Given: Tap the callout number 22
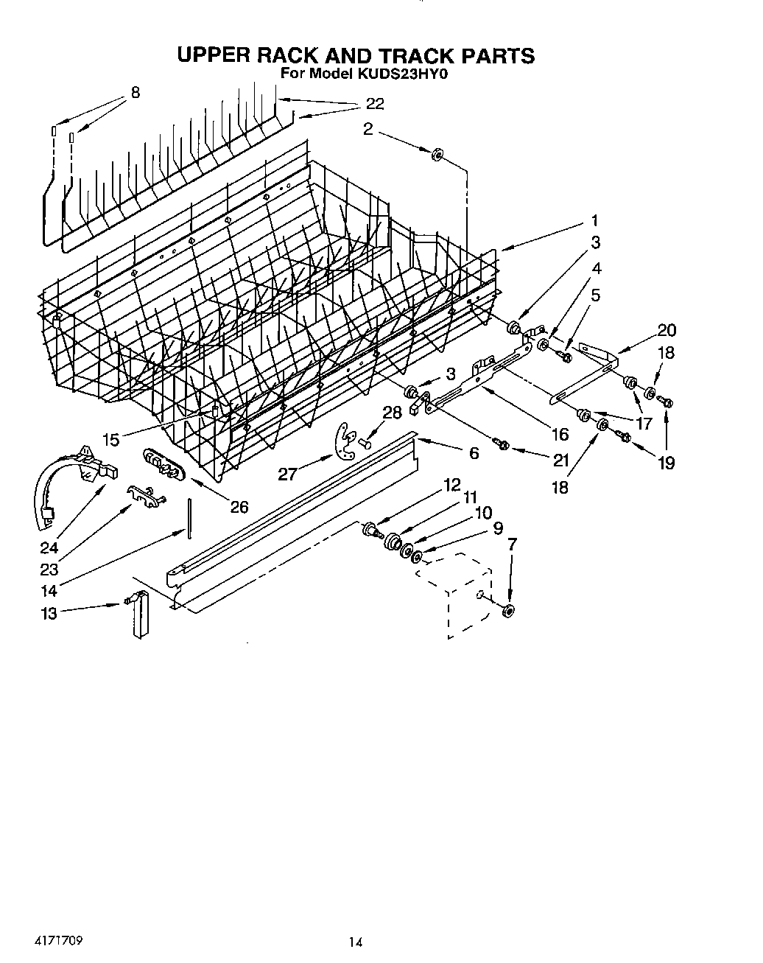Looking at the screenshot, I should [375, 104].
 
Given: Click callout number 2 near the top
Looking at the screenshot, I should [368, 130].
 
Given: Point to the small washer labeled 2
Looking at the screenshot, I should [437, 154].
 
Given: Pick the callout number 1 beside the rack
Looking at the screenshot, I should [594, 220].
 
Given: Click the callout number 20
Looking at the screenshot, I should [667, 330].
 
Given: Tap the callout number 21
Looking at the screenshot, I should [561, 461].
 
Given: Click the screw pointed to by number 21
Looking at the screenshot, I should [504, 445].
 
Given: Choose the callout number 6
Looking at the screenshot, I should [474, 453].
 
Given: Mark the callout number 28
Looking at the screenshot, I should [393, 413].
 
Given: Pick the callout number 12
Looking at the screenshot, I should [451, 485].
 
